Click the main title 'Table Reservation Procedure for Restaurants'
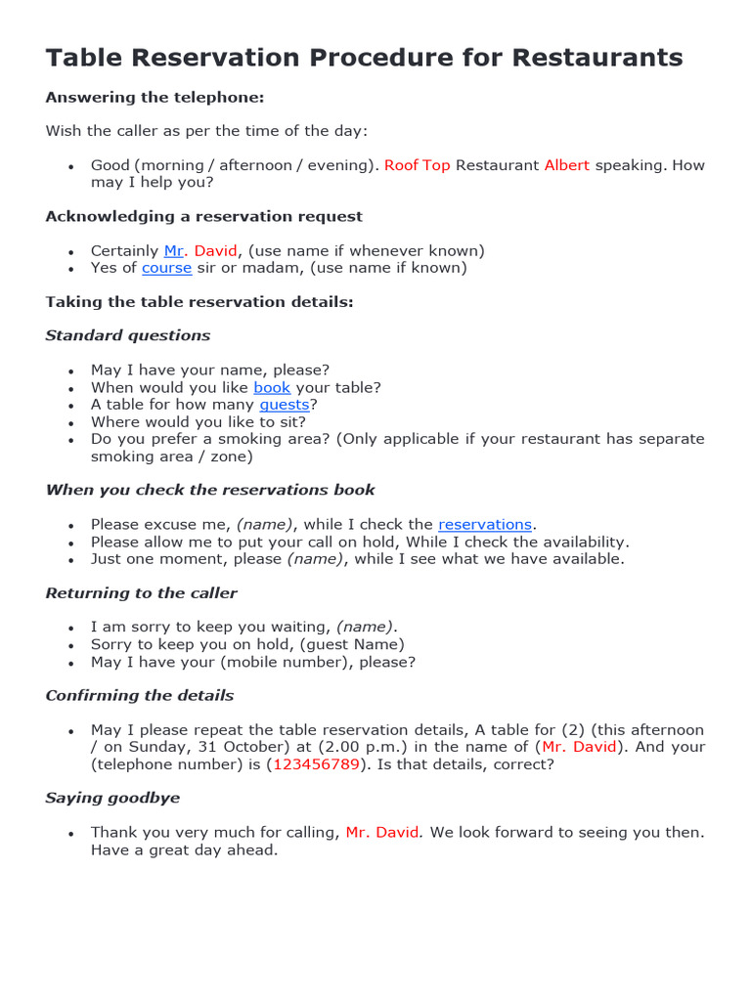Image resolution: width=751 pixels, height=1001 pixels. pos(364,58)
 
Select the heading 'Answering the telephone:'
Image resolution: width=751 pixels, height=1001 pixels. pos(155,98)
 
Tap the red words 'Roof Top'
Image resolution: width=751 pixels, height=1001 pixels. pos(417,165)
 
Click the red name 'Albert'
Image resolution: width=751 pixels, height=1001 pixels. pos(566,165)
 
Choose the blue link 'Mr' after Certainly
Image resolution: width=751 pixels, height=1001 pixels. pos(174,251)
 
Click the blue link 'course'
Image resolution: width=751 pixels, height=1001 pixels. pos(166,268)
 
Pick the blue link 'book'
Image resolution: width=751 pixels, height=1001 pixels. pos(272,387)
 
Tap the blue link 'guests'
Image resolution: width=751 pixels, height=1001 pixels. pos(284,405)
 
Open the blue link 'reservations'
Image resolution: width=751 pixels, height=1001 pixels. pos(485,525)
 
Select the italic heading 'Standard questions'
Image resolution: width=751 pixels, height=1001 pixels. pos(127,335)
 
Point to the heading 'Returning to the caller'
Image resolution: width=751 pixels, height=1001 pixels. pos(141,593)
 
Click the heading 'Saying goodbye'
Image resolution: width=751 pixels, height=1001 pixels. pos(112,798)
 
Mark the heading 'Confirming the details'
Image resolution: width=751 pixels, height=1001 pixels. pos(139,696)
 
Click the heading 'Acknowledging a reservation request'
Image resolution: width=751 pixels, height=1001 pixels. pos(203,216)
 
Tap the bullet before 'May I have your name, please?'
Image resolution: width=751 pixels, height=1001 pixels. pos(70,371)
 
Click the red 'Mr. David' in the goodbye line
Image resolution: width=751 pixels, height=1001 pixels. pos(382,833)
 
